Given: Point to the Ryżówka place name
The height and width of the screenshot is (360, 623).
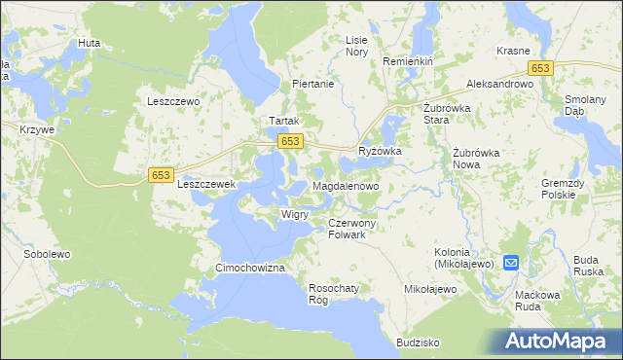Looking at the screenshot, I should point(380,152).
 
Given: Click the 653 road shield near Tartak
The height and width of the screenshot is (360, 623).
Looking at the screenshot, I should point(288,142).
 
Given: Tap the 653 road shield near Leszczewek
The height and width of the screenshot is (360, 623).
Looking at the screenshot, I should point(162,175).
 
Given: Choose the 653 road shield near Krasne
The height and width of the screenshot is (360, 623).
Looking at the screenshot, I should point(541,67).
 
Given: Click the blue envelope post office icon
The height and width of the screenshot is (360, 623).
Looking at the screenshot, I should point(511,263).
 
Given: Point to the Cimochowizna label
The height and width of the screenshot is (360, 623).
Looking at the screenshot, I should point(249,268).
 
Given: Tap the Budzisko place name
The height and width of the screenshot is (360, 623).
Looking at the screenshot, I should point(419,342).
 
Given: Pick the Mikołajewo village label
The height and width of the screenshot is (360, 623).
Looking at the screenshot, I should point(430,290).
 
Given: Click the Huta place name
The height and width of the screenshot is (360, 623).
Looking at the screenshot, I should point(90,44).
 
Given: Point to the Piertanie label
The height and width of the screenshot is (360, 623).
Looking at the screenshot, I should point(313,85).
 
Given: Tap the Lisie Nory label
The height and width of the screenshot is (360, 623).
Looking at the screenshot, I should point(357,46).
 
